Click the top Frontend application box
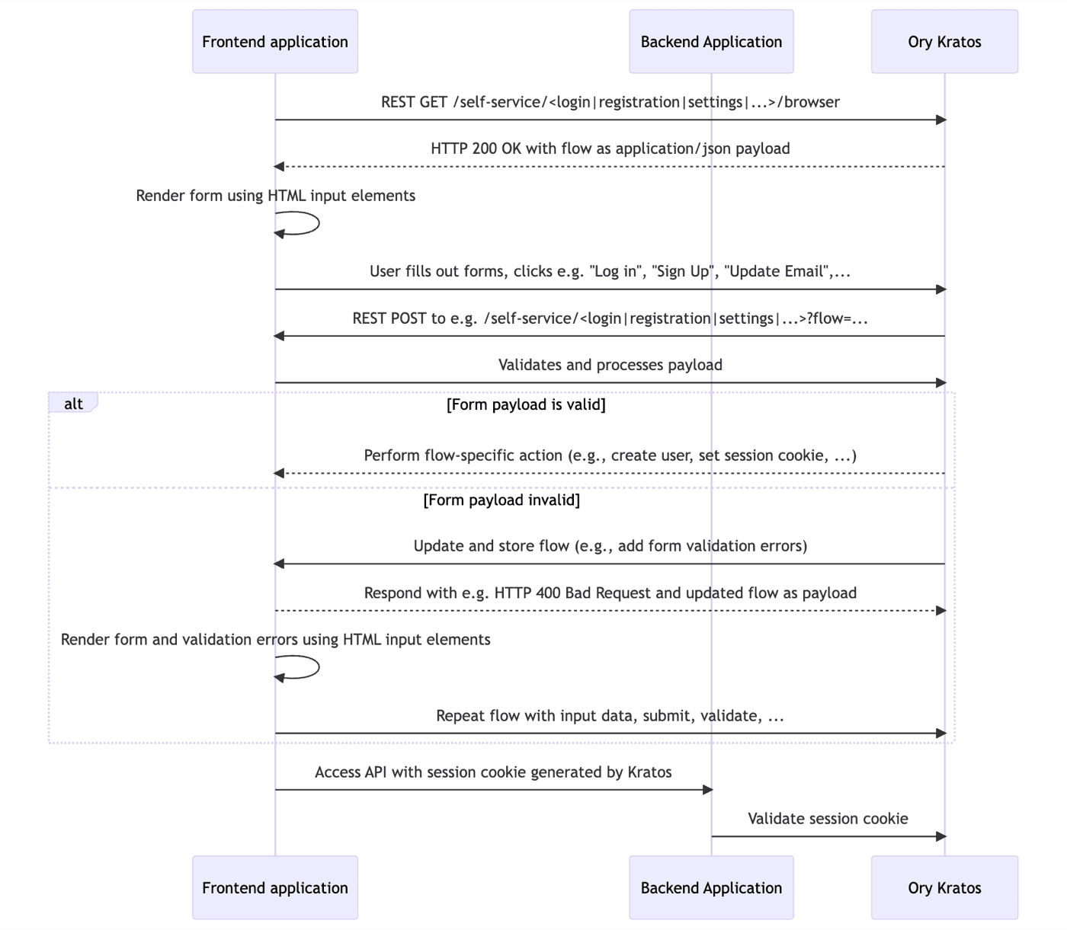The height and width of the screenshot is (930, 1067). coord(274,42)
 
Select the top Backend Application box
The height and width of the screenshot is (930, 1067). coord(711,42)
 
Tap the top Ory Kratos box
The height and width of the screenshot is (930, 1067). coord(944,42)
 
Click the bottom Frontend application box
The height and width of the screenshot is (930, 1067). coord(274,887)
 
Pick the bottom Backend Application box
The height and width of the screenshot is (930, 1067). coord(711,887)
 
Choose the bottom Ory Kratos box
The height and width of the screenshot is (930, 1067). coord(944,887)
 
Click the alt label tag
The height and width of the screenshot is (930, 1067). coord(73,404)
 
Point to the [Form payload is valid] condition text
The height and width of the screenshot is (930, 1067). coord(526,404)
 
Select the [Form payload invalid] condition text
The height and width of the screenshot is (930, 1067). coord(501,500)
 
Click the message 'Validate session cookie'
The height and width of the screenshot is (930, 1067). coord(828,819)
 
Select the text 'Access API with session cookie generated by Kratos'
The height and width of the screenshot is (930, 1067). coord(493,772)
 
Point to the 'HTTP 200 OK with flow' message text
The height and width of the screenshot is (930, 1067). coord(610,149)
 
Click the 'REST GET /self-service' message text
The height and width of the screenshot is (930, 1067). coord(610,102)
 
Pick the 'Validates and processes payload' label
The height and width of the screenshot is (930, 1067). coord(610,365)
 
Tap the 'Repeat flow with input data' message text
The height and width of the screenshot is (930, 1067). coord(610,716)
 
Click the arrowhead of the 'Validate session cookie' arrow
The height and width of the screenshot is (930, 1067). coord(940,836)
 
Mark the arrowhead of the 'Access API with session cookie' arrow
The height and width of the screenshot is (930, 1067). coord(707,790)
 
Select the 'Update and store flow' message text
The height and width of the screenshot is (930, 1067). coord(610,546)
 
